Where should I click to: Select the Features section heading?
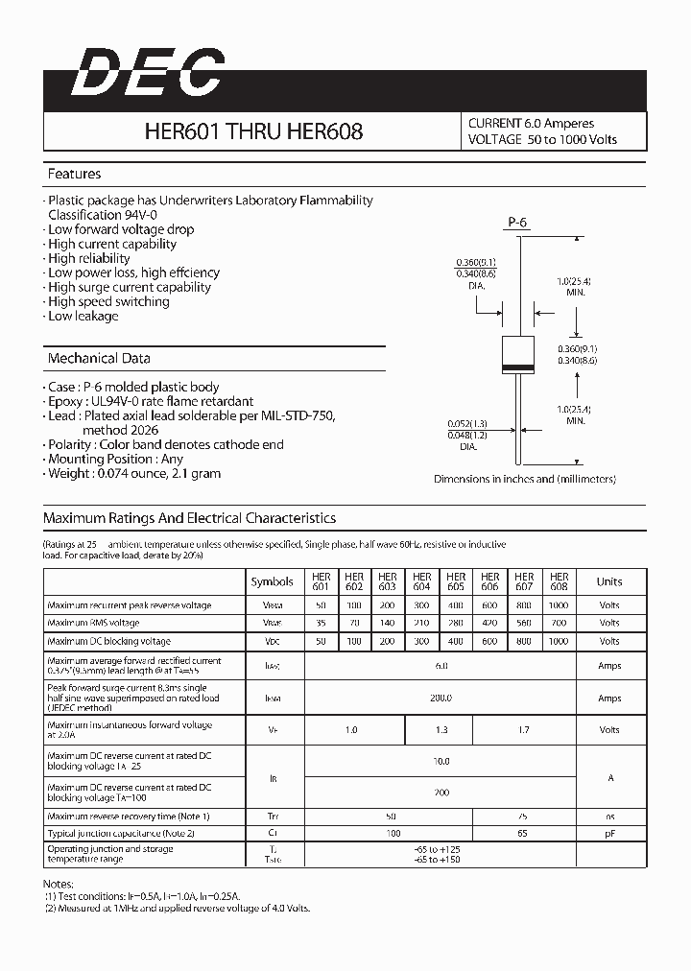pyautogui.click(x=74, y=174)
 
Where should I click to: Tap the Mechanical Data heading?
pyautogui.click(x=99, y=358)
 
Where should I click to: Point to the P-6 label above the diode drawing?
pyautogui.click(x=517, y=223)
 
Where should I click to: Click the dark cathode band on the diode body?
pyautogui.click(x=518, y=369)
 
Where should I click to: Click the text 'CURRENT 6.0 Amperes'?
pyautogui.click(x=531, y=123)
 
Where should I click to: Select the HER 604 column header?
pyautogui.click(x=421, y=581)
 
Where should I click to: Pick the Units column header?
pyautogui.click(x=608, y=581)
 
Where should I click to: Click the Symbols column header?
pyautogui.click(x=273, y=581)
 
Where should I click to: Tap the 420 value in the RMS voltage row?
pyautogui.click(x=489, y=623)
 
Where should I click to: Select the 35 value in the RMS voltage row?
pyautogui.click(x=321, y=623)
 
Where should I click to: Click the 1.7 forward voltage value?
pyautogui.click(x=524, y=730)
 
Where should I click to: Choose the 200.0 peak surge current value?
pyautogui.click(x=441, y=698)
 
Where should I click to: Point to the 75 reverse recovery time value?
pyautogui.click(x=524, y=816)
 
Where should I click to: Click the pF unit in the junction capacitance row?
pyautogui.click(x=608, y=833)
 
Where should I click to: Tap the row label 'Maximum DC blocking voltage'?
pyautogui.click(x=108, y=641)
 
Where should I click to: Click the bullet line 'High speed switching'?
pyautogui.click(x=108, y=301)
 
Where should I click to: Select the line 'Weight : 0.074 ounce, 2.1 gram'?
pyautogui.click(x=134, y=473)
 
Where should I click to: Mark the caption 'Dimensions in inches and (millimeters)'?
pyautogui.click(x=524, y=479)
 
